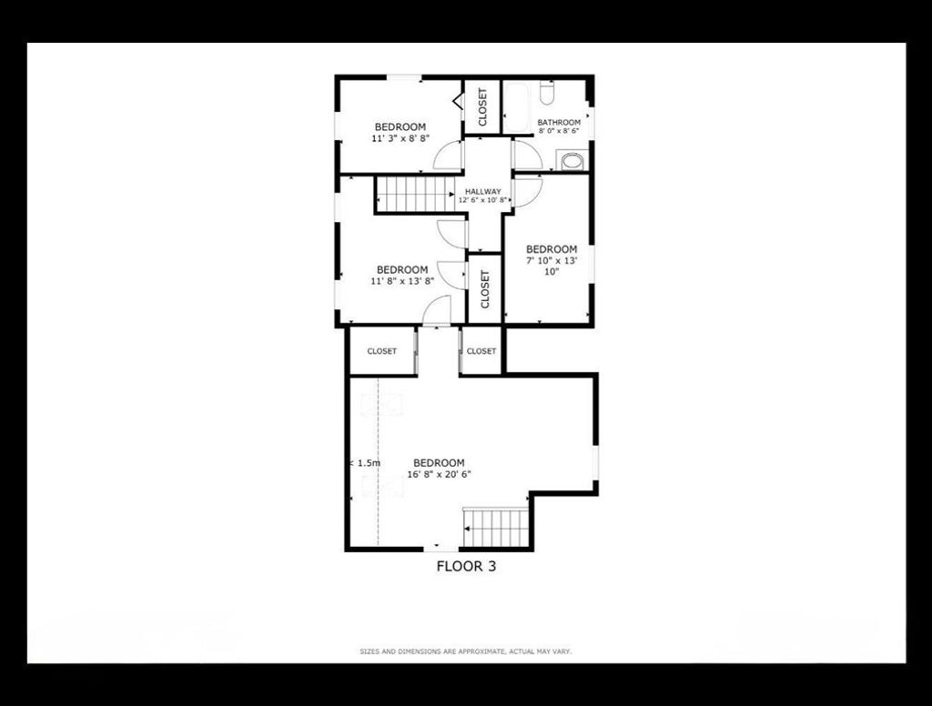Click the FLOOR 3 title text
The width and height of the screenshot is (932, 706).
tap(466, 566)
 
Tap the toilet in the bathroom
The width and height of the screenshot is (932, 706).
tap(547, 93)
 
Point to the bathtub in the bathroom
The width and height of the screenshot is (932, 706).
tap(518, 107)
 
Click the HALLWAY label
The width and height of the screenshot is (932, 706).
tap(482, 191)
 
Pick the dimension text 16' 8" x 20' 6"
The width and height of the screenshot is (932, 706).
tap(440, 474)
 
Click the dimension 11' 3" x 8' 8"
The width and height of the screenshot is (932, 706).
tap(400, 138)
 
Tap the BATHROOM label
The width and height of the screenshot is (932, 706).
tap(559, 123)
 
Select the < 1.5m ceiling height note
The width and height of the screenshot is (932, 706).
tap(365, 463)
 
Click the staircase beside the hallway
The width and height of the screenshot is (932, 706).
tap(416, 194)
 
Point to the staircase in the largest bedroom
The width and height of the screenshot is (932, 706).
tap(495, 528)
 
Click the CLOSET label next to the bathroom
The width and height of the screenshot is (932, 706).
tap(482, 107)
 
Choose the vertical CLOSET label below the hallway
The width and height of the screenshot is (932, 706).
tap(485, 289)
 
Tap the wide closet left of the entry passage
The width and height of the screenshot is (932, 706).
tap(381, 351)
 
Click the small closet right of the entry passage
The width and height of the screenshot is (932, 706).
tap(481, 351)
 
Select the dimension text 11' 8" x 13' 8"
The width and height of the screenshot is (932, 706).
tap(402, 281)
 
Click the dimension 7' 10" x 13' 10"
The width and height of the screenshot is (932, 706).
tap(552, 266)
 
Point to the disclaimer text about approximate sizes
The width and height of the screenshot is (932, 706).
tap(465, 652)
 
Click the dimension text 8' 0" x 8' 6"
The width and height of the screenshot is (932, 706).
tap(559, 131)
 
